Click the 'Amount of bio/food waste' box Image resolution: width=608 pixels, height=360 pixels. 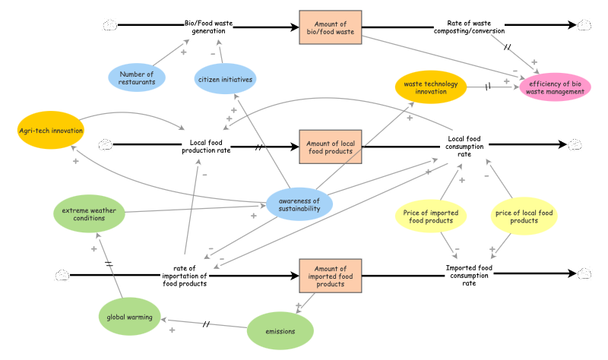tap(330, 28)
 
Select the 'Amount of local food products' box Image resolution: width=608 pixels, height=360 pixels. tap(330, 147)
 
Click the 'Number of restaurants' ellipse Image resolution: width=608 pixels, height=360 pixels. tap(137, 78)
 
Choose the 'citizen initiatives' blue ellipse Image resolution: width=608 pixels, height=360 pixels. tap(225, 78)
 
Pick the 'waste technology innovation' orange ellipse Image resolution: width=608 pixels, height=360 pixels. tap(430, 87)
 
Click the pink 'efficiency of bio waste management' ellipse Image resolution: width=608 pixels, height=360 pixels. tap(555, 87)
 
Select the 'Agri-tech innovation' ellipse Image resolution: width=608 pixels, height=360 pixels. tap(50, 131)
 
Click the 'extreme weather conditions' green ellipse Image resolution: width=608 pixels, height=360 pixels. tap(88, 213)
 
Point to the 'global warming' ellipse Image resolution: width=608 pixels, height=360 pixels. tap(130, 317)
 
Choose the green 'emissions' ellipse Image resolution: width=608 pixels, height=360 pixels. tap(280, 332)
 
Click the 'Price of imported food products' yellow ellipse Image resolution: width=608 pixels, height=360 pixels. tap(430, 216)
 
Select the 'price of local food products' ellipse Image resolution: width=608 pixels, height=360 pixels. tap(524, 216)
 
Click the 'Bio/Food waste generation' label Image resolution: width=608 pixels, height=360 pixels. tap(208, 27)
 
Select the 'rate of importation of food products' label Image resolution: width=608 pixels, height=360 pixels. tap(185, 276)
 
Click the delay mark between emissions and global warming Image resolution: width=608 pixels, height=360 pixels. tap(206, 325)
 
